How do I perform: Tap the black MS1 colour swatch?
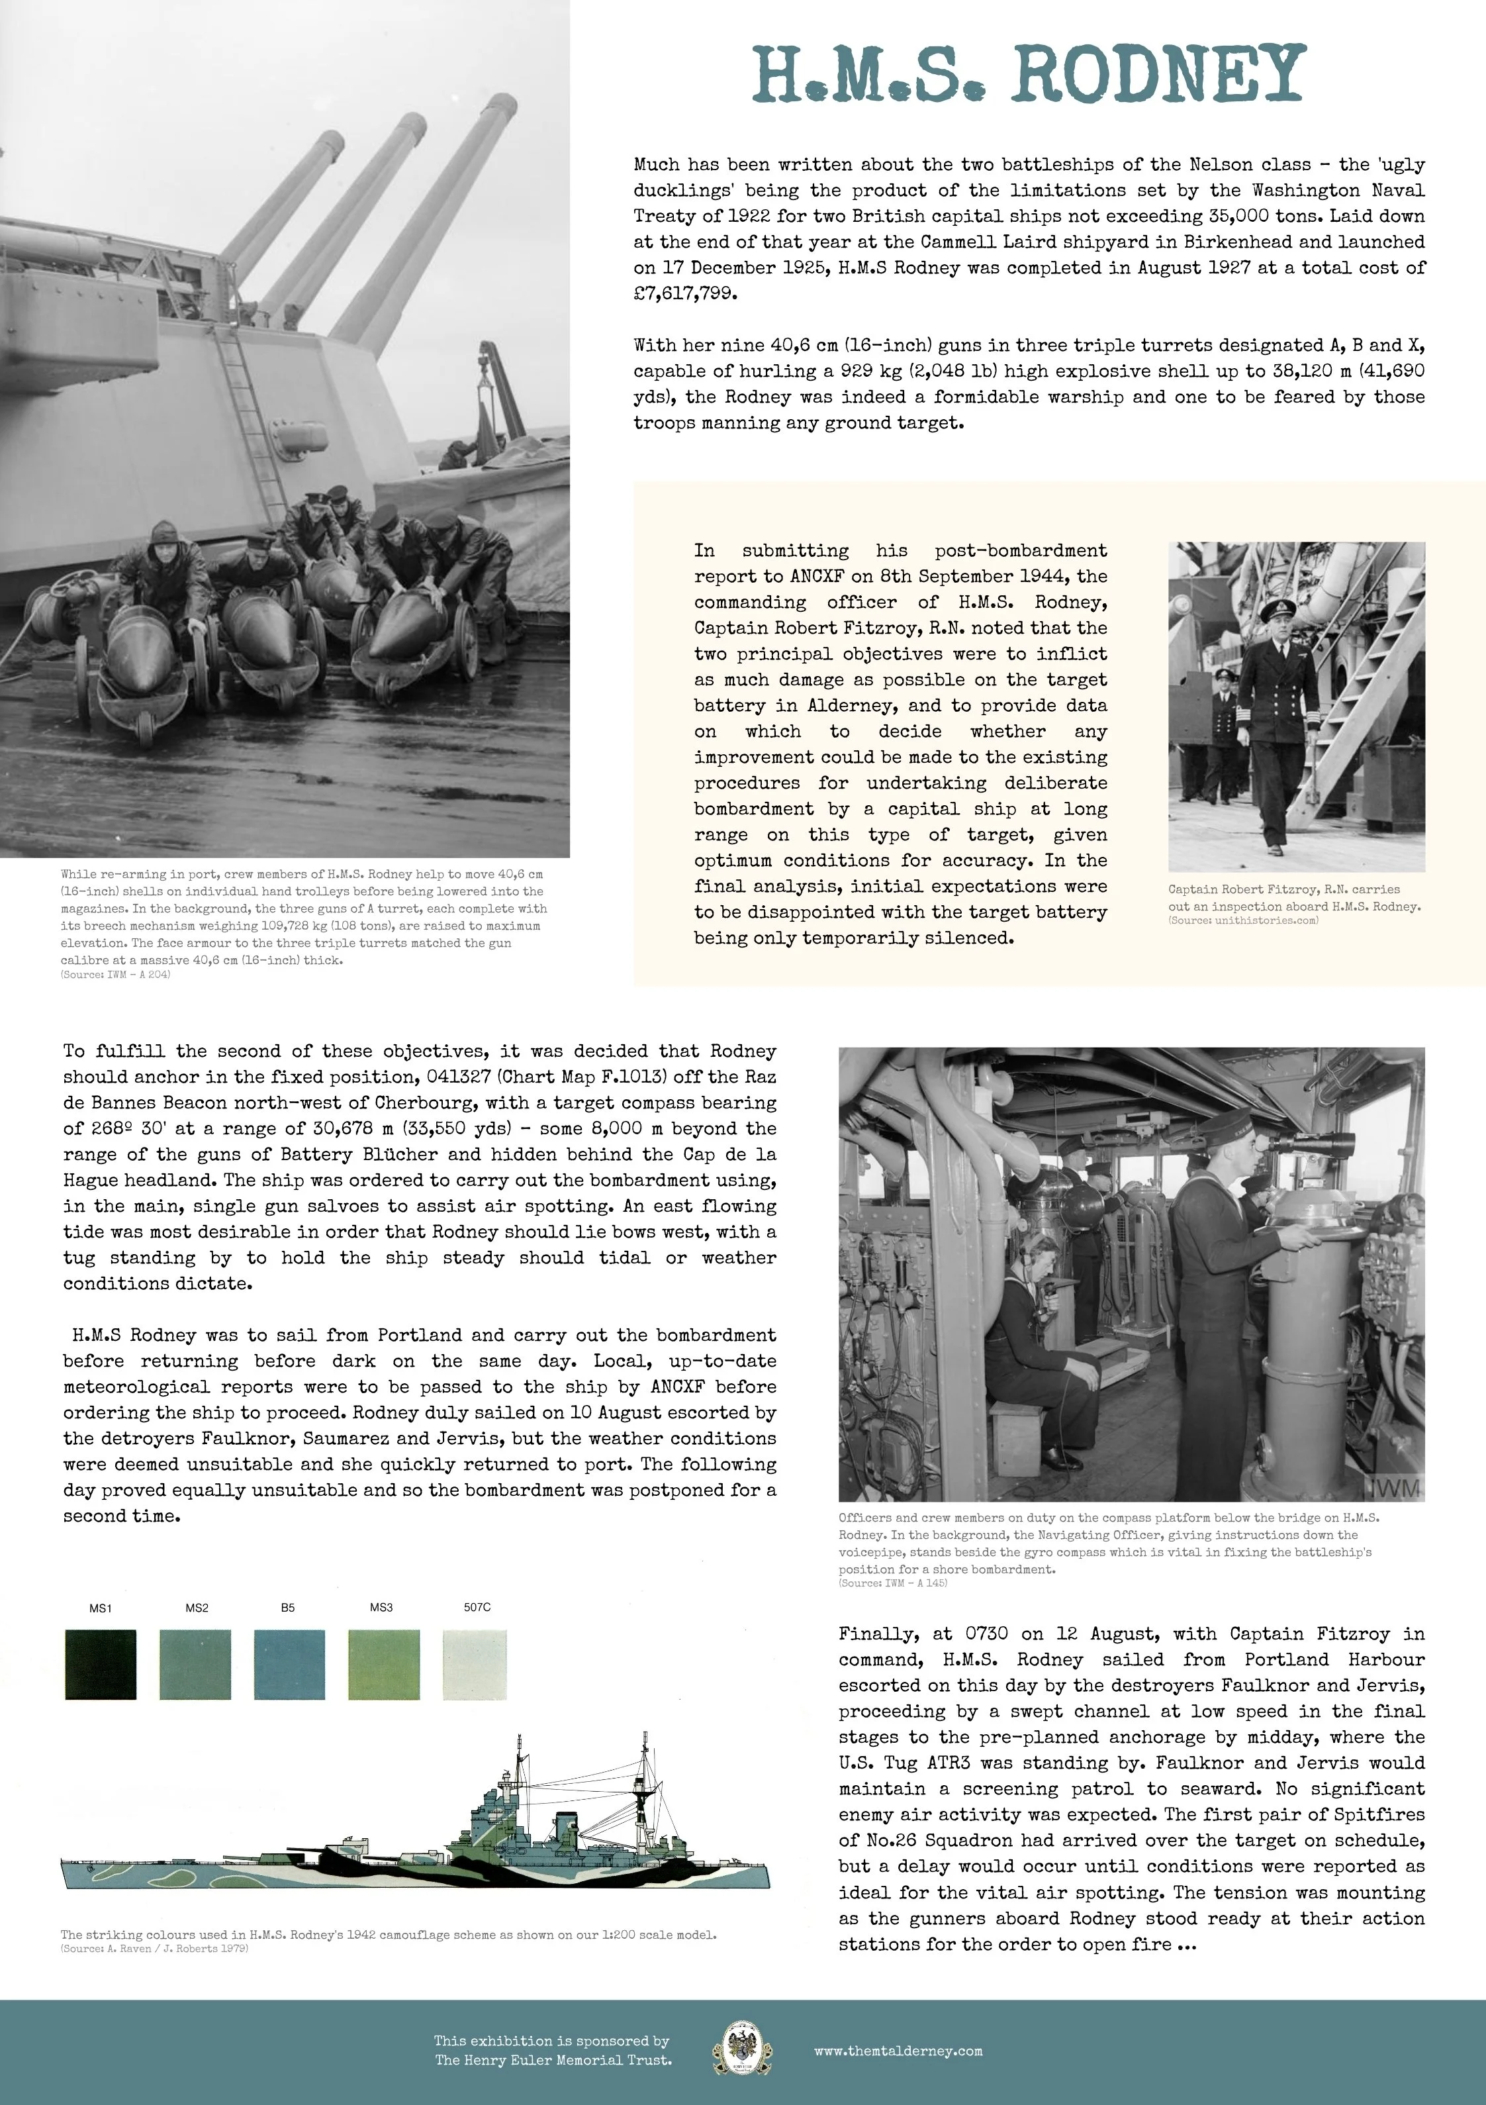click(101, 1664)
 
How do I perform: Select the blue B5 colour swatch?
click(289, 1664)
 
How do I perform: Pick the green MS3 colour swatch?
click(383, 1664)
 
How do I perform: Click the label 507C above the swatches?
click(477, 1607)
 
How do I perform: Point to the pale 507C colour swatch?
click(474, 1664)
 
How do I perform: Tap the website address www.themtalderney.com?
click(898, 2051)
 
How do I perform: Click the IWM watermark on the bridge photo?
click(1395, 1487)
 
